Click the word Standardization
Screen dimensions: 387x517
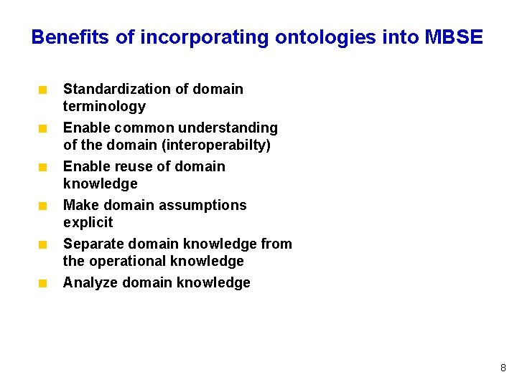108,89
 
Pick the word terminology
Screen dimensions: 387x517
104,106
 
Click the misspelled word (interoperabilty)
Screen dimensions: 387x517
213,145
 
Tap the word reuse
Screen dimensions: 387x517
132,166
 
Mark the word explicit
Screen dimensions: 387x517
88,222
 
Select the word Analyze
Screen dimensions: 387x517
90,282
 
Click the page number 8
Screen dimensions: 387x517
503,368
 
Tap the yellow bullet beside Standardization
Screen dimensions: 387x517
43,90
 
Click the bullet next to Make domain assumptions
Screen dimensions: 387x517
43,206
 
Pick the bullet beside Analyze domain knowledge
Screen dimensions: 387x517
43,284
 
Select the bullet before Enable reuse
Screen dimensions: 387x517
43,168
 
